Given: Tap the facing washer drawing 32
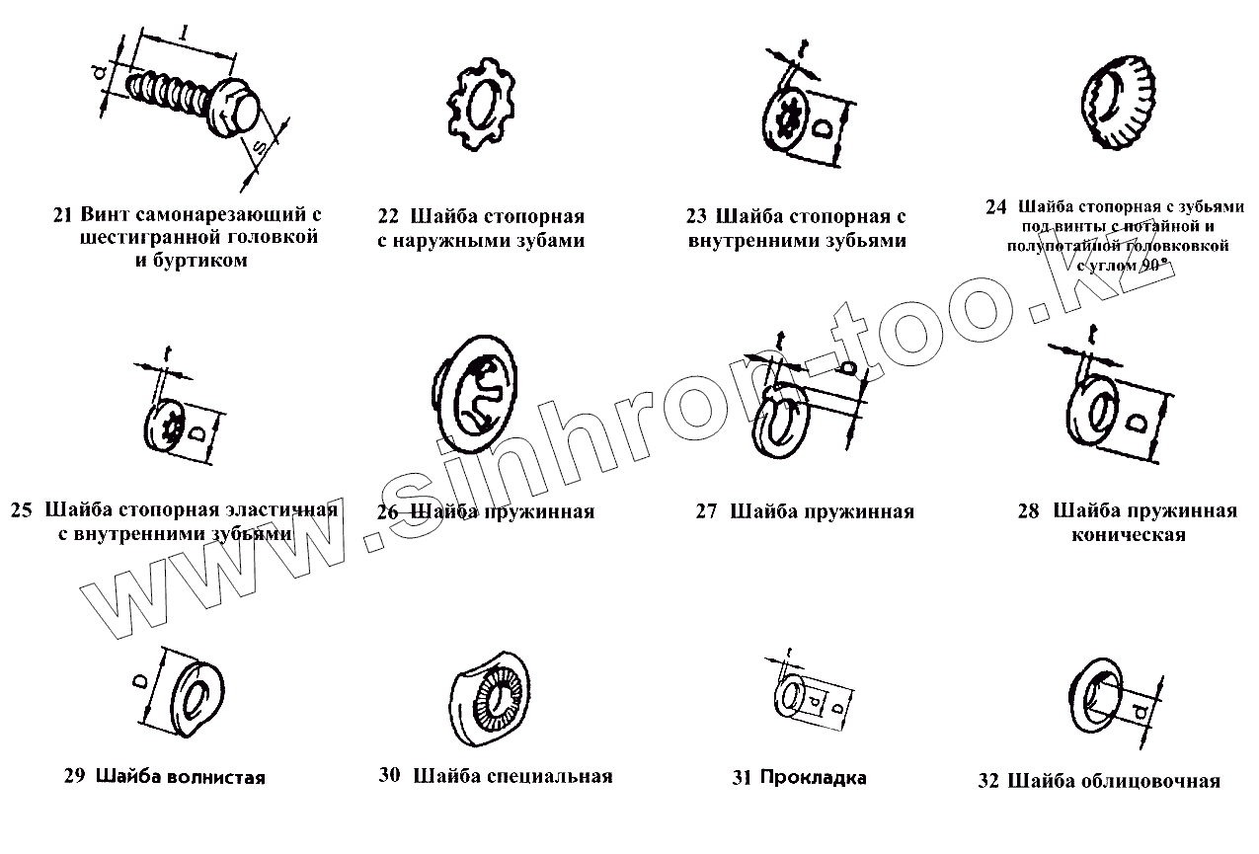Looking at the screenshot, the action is point(1097,699).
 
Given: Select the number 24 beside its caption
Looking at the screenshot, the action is point(995,207).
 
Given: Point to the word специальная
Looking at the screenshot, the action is point(549,776).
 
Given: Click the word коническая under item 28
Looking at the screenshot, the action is point(1128,535).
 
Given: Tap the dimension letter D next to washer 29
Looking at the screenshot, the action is point(141,682).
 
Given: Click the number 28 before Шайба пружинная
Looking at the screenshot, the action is point(1028,511).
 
